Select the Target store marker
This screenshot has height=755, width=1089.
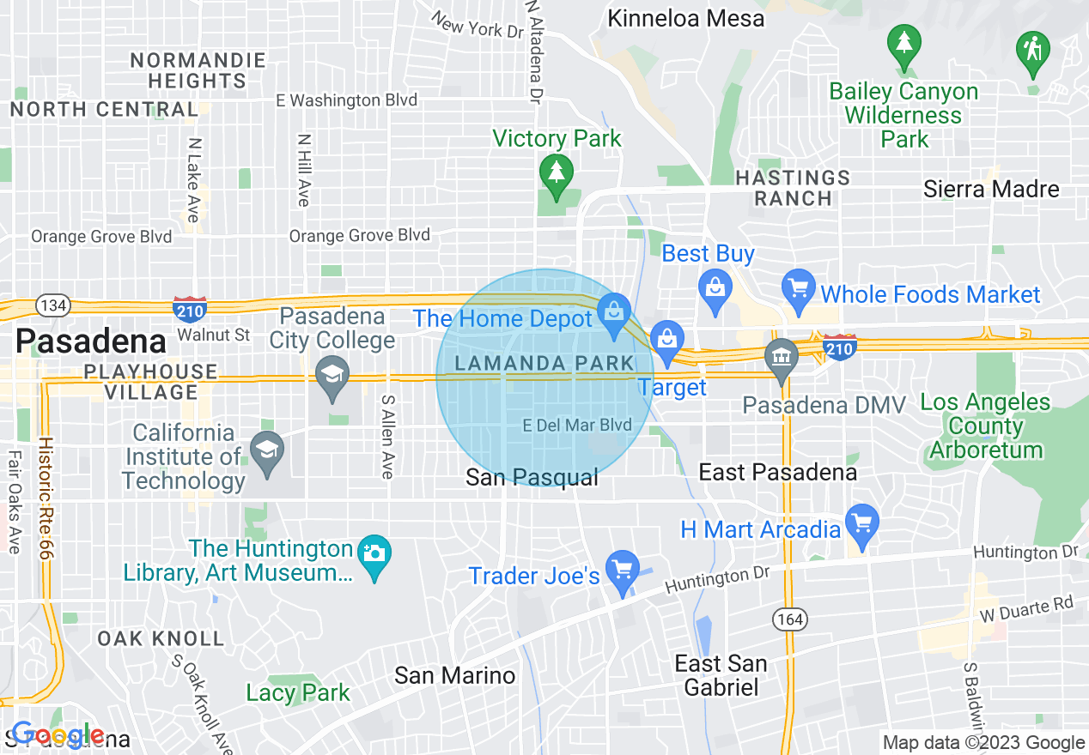pos(666,337)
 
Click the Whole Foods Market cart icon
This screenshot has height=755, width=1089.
pos(799,288)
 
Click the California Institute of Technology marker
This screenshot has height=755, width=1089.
pos(267,450)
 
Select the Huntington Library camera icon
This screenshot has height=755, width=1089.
pos(374,553)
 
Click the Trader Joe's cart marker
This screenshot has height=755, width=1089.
pos(622,570)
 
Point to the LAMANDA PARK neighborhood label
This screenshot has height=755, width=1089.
pos(543,363)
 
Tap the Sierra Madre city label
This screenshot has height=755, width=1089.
pos(991,190)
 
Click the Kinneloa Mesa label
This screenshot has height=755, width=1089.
pos(685,18)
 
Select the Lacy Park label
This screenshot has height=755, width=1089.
pos(298,692)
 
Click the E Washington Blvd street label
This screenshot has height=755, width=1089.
pos(346,100)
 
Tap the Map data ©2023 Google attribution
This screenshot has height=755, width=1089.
pos(983,743)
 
